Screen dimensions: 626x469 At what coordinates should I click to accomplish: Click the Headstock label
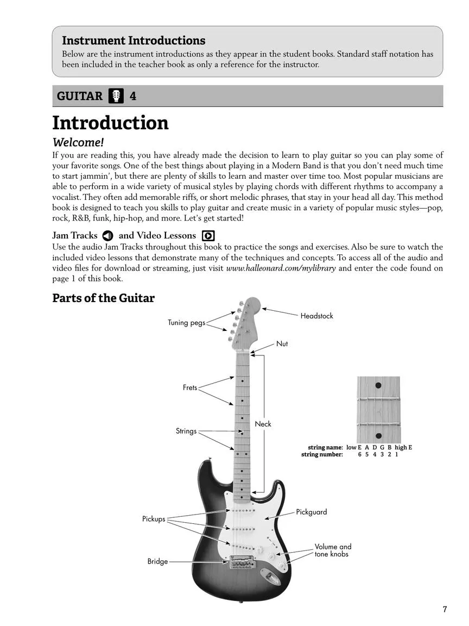[316, 316]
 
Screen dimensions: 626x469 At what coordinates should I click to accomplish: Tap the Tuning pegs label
[186, 323]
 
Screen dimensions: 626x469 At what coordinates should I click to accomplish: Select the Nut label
[282, 344]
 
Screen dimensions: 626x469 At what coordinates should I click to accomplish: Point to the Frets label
[190, 388]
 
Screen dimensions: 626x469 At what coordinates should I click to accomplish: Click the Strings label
[186, 431]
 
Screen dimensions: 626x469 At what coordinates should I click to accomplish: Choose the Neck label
[263, 424]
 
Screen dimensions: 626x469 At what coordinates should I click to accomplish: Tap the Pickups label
[154, 519]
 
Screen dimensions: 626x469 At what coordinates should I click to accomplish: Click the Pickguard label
[311, 512]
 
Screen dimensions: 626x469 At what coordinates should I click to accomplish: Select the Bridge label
[157, 561]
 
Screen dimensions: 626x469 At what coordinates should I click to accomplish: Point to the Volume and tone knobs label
[333, 550]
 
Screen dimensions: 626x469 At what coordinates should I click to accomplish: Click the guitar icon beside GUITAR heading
[116, 96]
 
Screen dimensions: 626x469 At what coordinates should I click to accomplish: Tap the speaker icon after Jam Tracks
[107, 236]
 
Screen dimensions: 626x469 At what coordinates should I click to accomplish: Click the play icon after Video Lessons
[208, 236]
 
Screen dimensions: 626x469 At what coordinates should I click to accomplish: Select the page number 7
[445, 609]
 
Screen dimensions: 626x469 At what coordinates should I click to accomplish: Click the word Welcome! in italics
[78, 142]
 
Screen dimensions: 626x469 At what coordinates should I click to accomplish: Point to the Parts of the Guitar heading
[103, 298]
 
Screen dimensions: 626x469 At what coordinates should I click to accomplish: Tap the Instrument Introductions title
[134, 41]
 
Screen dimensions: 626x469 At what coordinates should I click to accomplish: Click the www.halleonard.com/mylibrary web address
[281, 268]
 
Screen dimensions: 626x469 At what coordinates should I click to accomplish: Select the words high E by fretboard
[403, 447]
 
